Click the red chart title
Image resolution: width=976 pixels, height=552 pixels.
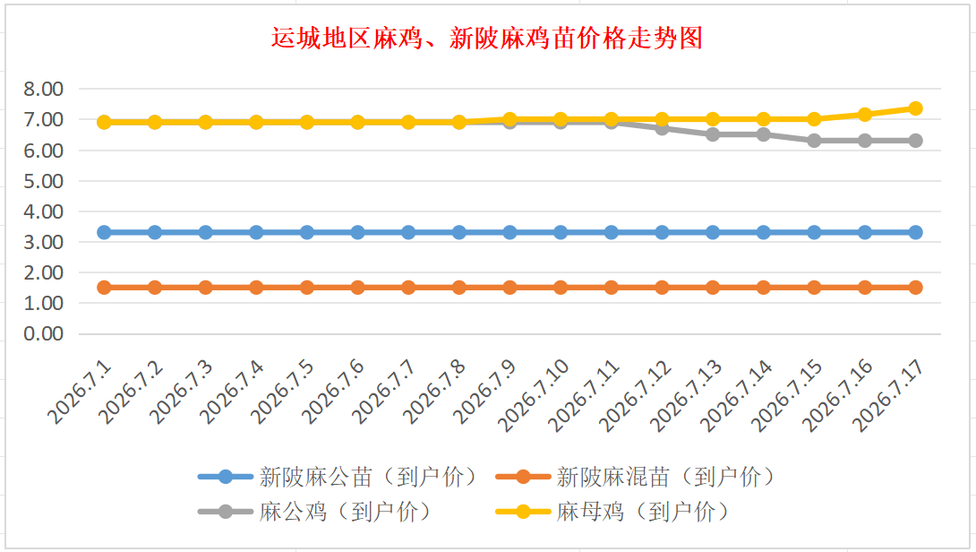pyautogui.click(x=487, y=38)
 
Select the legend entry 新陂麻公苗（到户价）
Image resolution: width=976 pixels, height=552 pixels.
pyautogui.click(x=338, y=478)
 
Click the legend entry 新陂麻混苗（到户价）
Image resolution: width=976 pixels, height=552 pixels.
pyautogui.click(x=636, y=478)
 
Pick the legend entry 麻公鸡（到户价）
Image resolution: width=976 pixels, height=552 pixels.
pyautogui.click(x=315, y=513)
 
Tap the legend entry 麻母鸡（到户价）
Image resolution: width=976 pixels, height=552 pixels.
pyautogui.click(x=612, y=513)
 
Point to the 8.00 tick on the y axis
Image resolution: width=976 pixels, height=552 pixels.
pyautogui.click(x=44, y=89)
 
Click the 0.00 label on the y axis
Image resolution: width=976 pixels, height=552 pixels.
pyautogui.click(x=44, y=334)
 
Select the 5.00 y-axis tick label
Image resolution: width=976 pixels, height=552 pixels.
pyautogui.click(x=44, y=181)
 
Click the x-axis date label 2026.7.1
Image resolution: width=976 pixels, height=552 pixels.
pyautogui.click(x=80, y=392)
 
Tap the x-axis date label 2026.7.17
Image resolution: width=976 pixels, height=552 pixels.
pyautogui.click(x=887, y=395)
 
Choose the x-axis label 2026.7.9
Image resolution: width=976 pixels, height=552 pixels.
pyautogui.click(x=485, y=392)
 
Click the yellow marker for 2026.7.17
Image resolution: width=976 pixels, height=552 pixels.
pyautogui.click(x=916, y=108)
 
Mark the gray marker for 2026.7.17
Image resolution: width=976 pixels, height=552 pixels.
pyautogui.click(x=916, y=141)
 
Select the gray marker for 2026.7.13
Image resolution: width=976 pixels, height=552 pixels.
pyautogui.click(x=713, y=134)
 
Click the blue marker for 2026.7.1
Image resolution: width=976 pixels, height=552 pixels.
pyautogui.click(x=104, y=232)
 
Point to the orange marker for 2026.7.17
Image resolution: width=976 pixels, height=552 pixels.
pyautogui.click(x=916, y=288)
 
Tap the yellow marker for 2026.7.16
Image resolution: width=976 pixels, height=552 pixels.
pyautogui.click(x=865, y=115)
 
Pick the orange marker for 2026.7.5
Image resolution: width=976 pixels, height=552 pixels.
pyautogui.click(x=307, y=288)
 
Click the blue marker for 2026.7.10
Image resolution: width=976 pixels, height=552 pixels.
pyautogui.click(x=561, y=232)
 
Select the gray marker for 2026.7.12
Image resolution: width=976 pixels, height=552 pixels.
pyautogui.click(x=662, y=128)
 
